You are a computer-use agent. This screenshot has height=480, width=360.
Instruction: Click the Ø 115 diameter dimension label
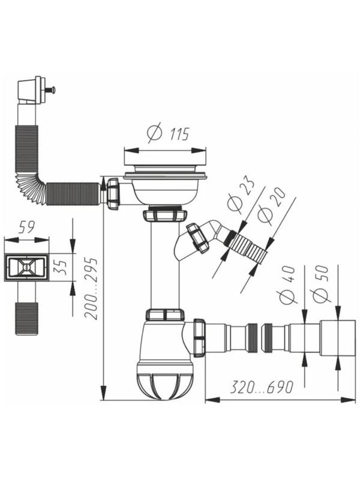click(168, 133)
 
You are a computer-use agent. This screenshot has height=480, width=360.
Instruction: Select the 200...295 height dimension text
click(91, 289)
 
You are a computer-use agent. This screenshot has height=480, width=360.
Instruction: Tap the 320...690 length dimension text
click(262, 387)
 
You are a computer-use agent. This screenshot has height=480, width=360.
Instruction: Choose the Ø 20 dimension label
click(271, 206)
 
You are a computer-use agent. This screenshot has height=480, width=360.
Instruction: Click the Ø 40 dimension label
click(287, 284)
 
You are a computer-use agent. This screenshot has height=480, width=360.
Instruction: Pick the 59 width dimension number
click(26, 227)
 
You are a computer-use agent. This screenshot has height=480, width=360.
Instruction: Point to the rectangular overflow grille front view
click(26, 268)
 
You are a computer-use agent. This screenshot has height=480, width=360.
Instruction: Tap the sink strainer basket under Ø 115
click(166, 189)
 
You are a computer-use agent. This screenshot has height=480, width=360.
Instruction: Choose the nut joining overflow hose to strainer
click(113, 194)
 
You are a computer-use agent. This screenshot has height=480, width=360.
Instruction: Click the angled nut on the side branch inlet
click(197, 238)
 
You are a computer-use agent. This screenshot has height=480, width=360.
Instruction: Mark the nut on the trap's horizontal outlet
click(199, 337)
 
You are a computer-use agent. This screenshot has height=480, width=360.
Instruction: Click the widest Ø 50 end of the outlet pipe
click(338, 338)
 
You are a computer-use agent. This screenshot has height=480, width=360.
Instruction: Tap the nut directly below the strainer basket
click(164, 215)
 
